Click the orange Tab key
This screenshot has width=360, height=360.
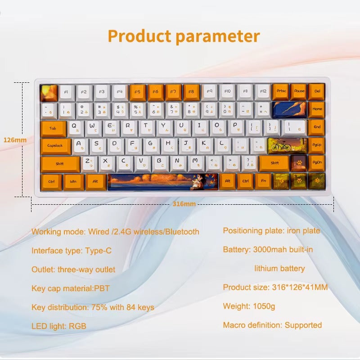(53, 128)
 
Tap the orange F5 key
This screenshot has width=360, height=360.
(138, 92)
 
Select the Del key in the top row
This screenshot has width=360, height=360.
(317, 91)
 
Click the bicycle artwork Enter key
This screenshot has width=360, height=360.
(287, 146)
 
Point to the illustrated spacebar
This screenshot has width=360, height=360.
(163, 181)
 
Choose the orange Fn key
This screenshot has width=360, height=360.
(263, 181)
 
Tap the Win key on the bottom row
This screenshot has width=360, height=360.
(73, 181)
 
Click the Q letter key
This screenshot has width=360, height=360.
(75, 127)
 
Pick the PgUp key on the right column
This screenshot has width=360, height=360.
(317, 145)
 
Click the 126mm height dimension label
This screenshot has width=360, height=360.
(15, 140)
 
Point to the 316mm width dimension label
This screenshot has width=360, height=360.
(184, 204)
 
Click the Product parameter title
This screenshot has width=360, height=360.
(184, 36)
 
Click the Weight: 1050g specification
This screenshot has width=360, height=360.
(249, 306)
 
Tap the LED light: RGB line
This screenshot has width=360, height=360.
(58, 326)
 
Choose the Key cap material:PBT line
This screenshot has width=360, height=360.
(71, 288)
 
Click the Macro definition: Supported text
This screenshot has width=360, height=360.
(272, 325)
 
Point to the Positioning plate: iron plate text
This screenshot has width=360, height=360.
(271, 231)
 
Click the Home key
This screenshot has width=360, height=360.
(317, 109)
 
